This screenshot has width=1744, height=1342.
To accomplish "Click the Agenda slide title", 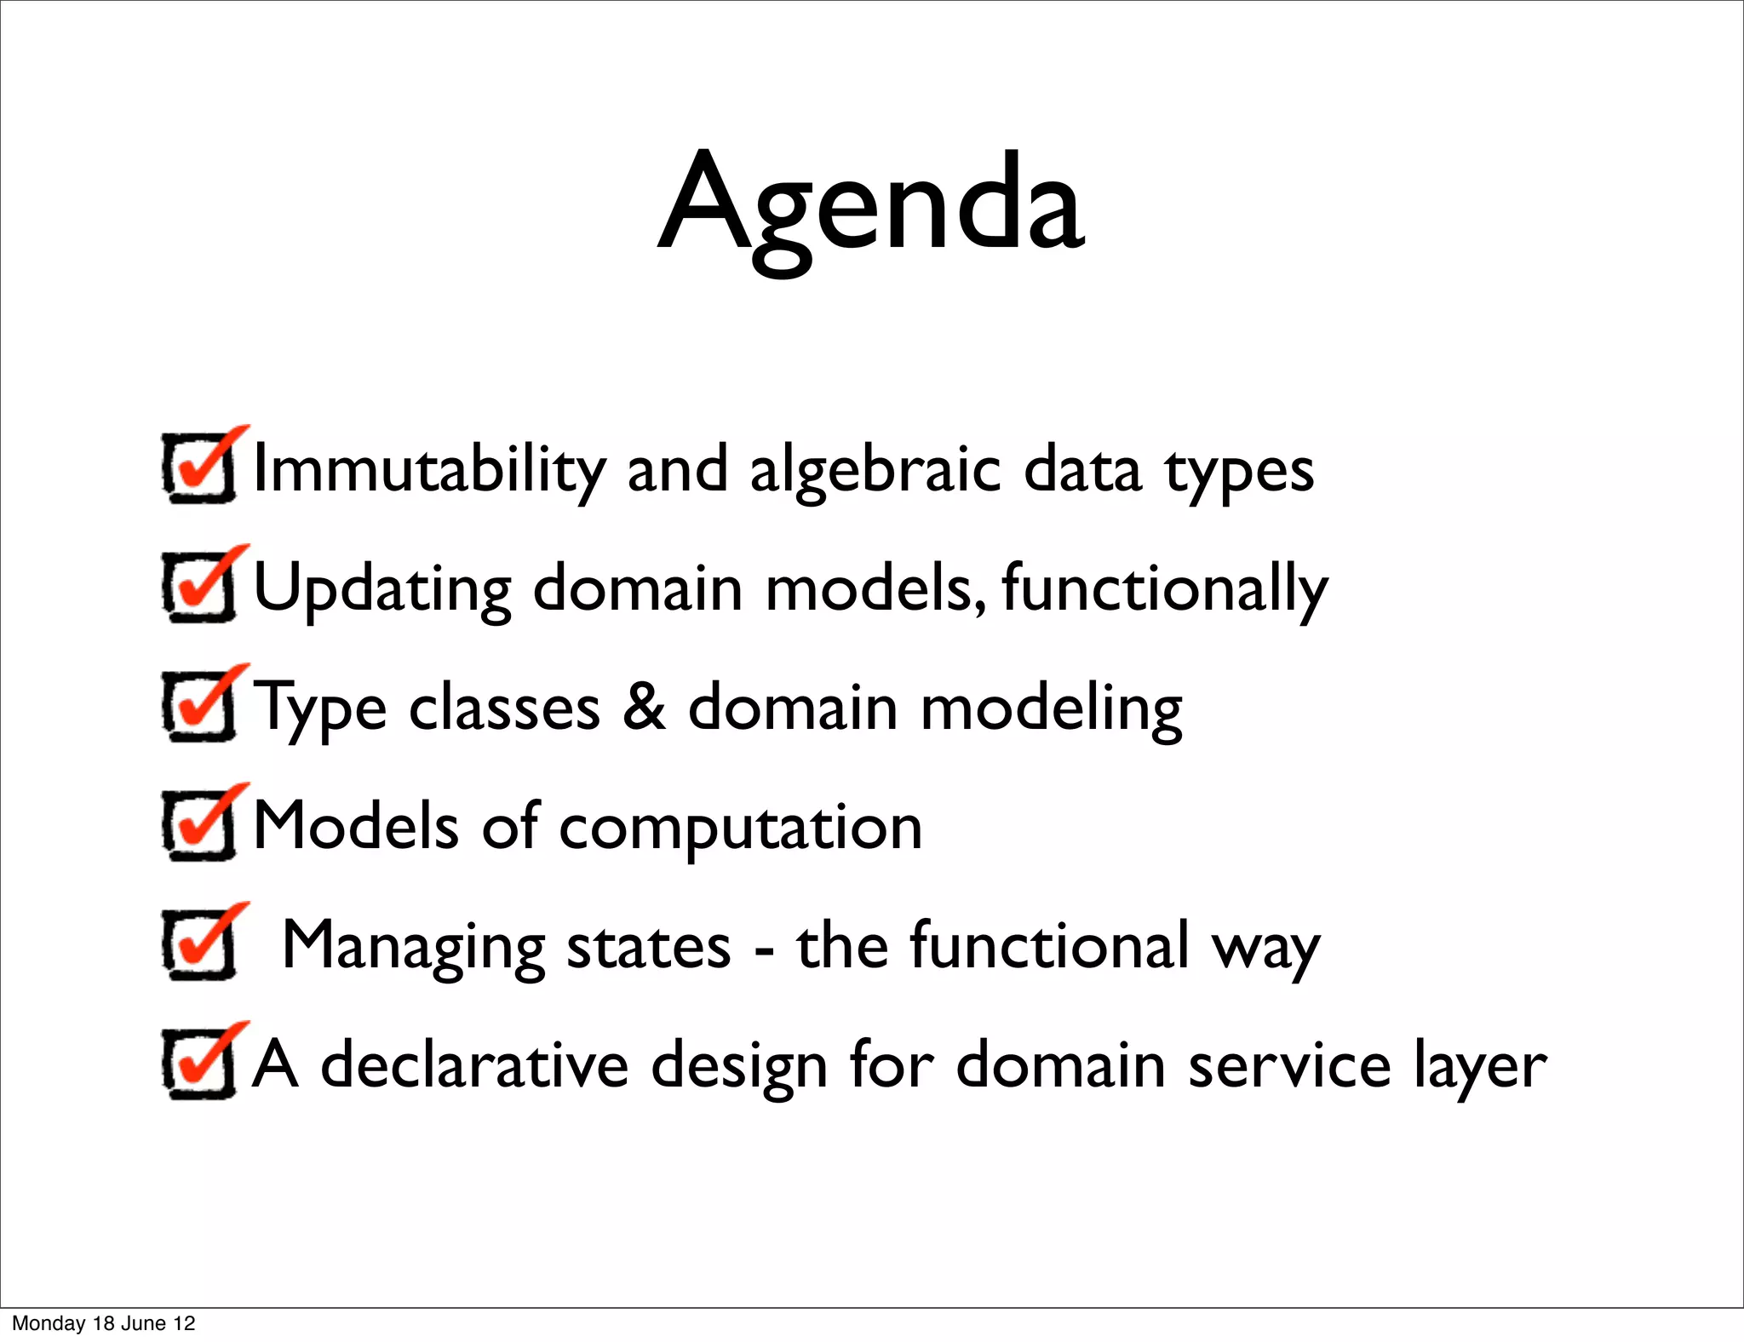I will (x=871, y=204).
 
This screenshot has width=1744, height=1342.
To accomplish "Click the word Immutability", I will (x=429, y=470).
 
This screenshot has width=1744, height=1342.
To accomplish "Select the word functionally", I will (x=1164, y=589).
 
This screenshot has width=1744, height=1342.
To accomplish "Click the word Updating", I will (x=382, y=589).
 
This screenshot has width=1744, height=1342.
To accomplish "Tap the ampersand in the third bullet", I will (x=644, y=707).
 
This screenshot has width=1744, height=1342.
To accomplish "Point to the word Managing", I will (x=413, y=947).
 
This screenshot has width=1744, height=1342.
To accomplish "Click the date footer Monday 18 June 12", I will (x=104, y=1323).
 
